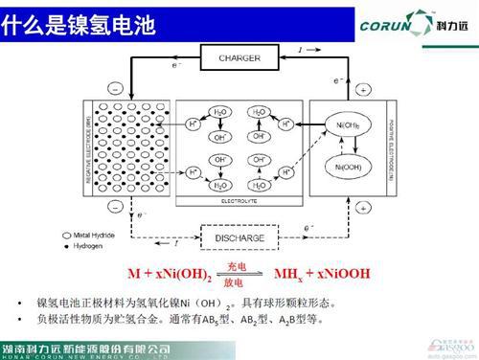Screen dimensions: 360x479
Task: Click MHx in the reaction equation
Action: click(286, 274)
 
